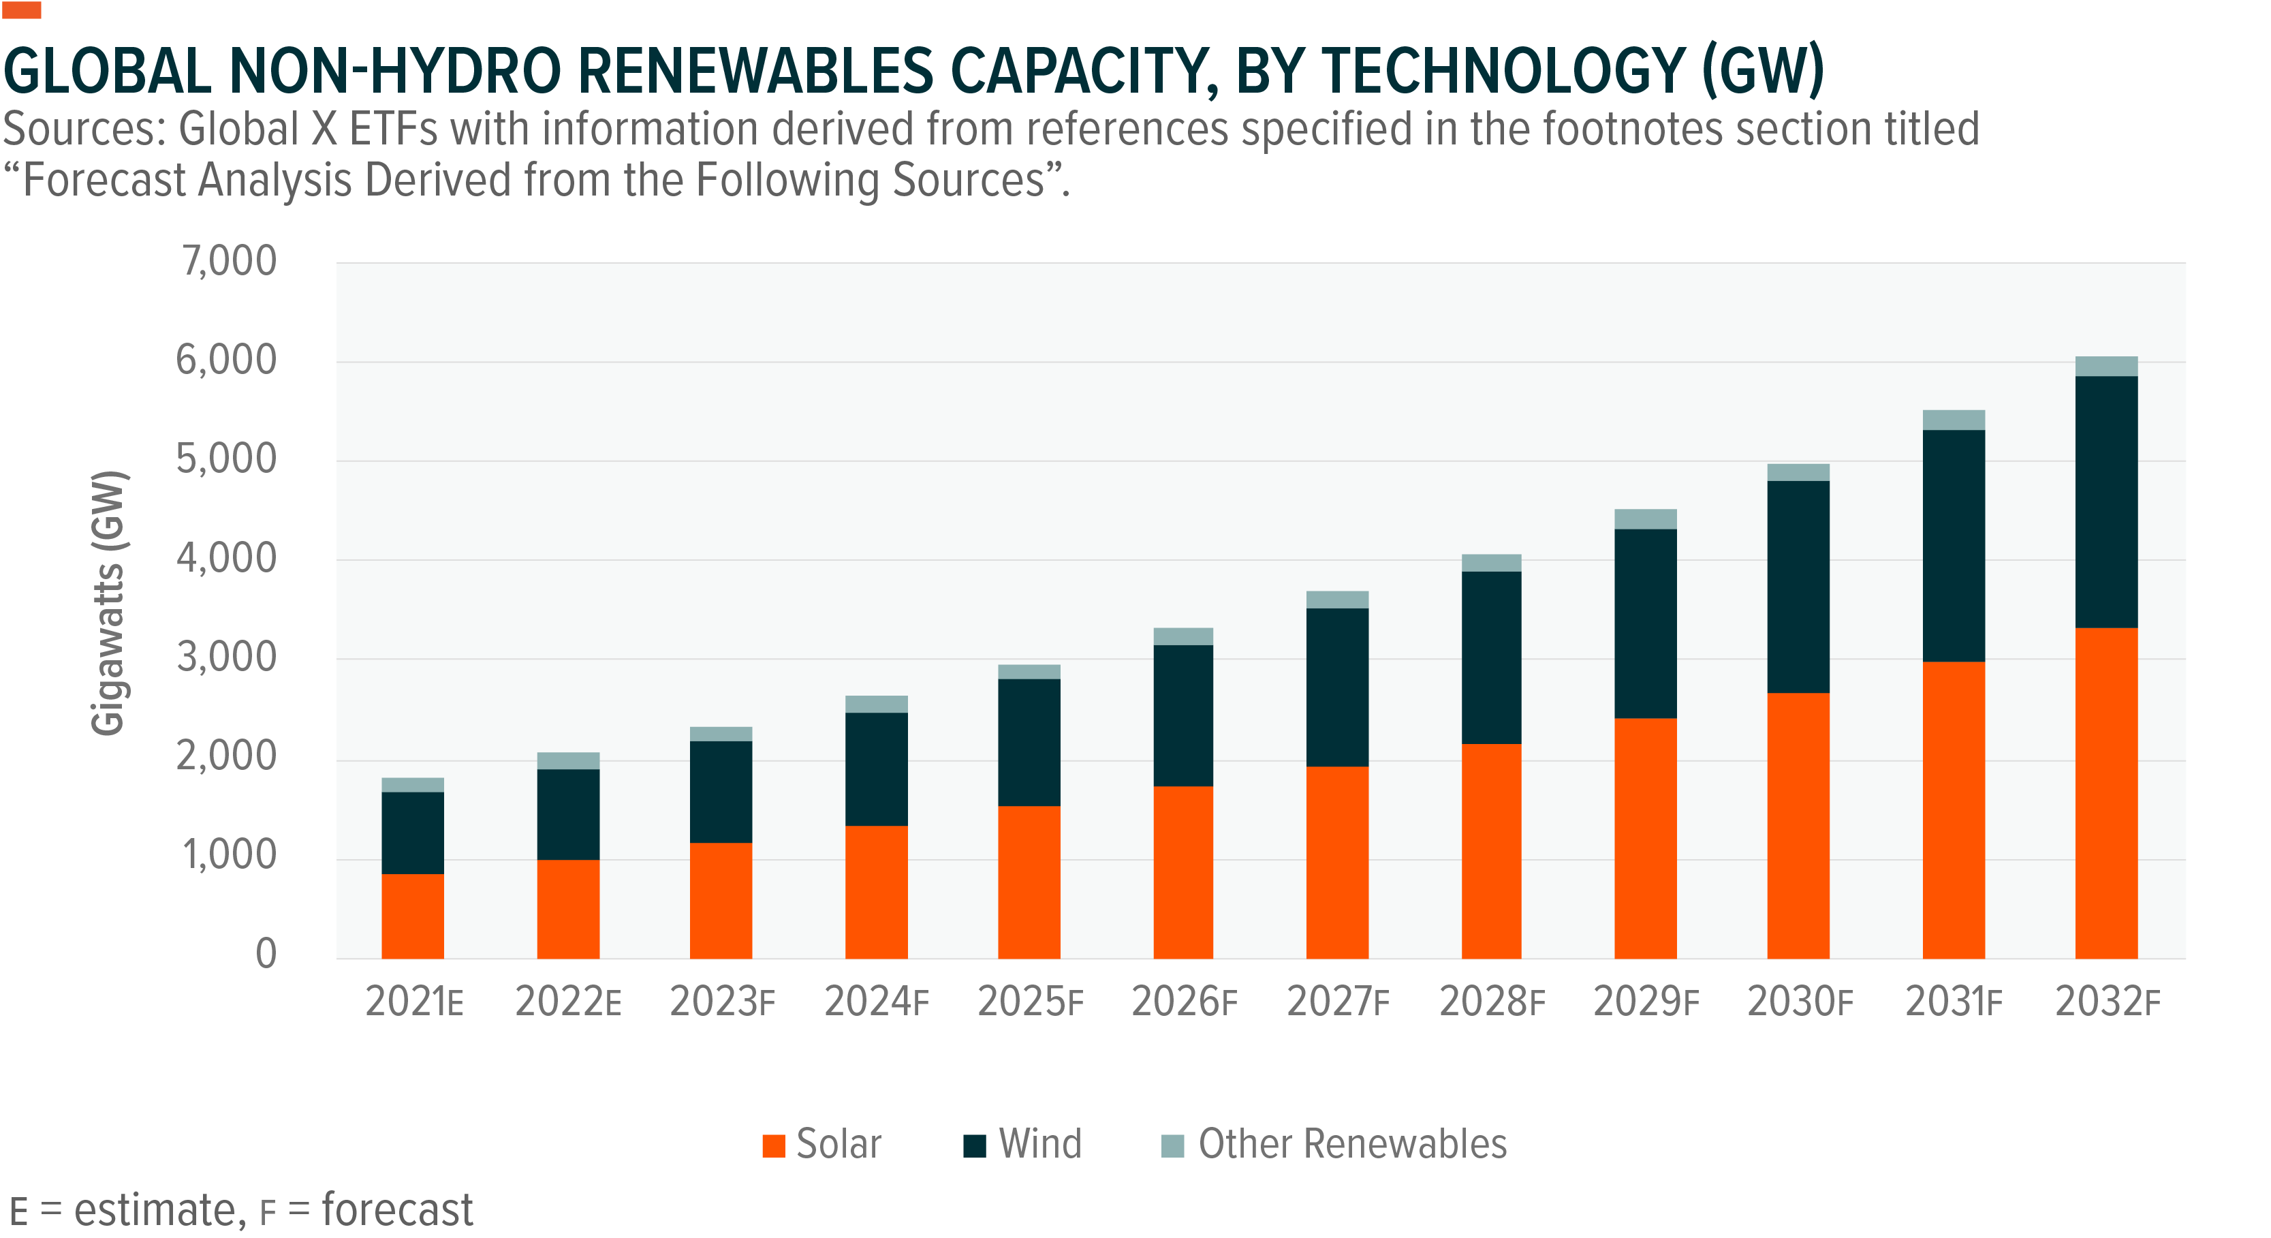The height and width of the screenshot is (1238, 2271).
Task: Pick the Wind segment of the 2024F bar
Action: pos(876,769)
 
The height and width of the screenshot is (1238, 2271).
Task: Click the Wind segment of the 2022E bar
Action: pos(568,814)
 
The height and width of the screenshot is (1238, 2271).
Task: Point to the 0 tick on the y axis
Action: pos(266,954)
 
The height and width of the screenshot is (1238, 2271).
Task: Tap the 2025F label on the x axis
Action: pos(1030,1002)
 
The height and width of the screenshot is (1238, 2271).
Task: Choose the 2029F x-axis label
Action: pos(1645,1002)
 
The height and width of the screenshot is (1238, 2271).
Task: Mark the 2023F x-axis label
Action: pos(722,1002)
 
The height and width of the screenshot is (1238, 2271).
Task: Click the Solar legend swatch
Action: pos(773,1145)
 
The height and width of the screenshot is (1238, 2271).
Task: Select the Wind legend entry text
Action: pos(1039,1144)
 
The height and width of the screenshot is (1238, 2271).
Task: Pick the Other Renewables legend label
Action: pos(1351,1144)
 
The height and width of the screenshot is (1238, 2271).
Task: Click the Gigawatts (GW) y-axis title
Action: pos(109,603)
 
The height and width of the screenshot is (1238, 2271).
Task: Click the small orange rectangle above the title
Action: pos(22,10)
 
